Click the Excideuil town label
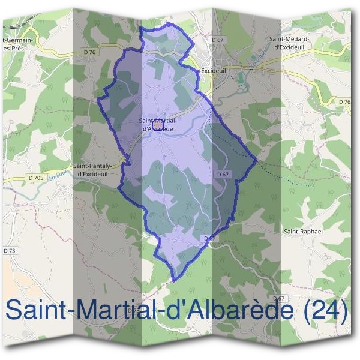(x=214, y=70)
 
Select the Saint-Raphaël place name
(x=300, y=230)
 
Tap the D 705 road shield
(x=35, y=178)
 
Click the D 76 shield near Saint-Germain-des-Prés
(x=90, y=52)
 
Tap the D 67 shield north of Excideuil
(x=217, y=40)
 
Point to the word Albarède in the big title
(x=230, y=310)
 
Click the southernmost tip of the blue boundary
(x=173, y=280)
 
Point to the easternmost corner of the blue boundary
(x=257, y=160)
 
